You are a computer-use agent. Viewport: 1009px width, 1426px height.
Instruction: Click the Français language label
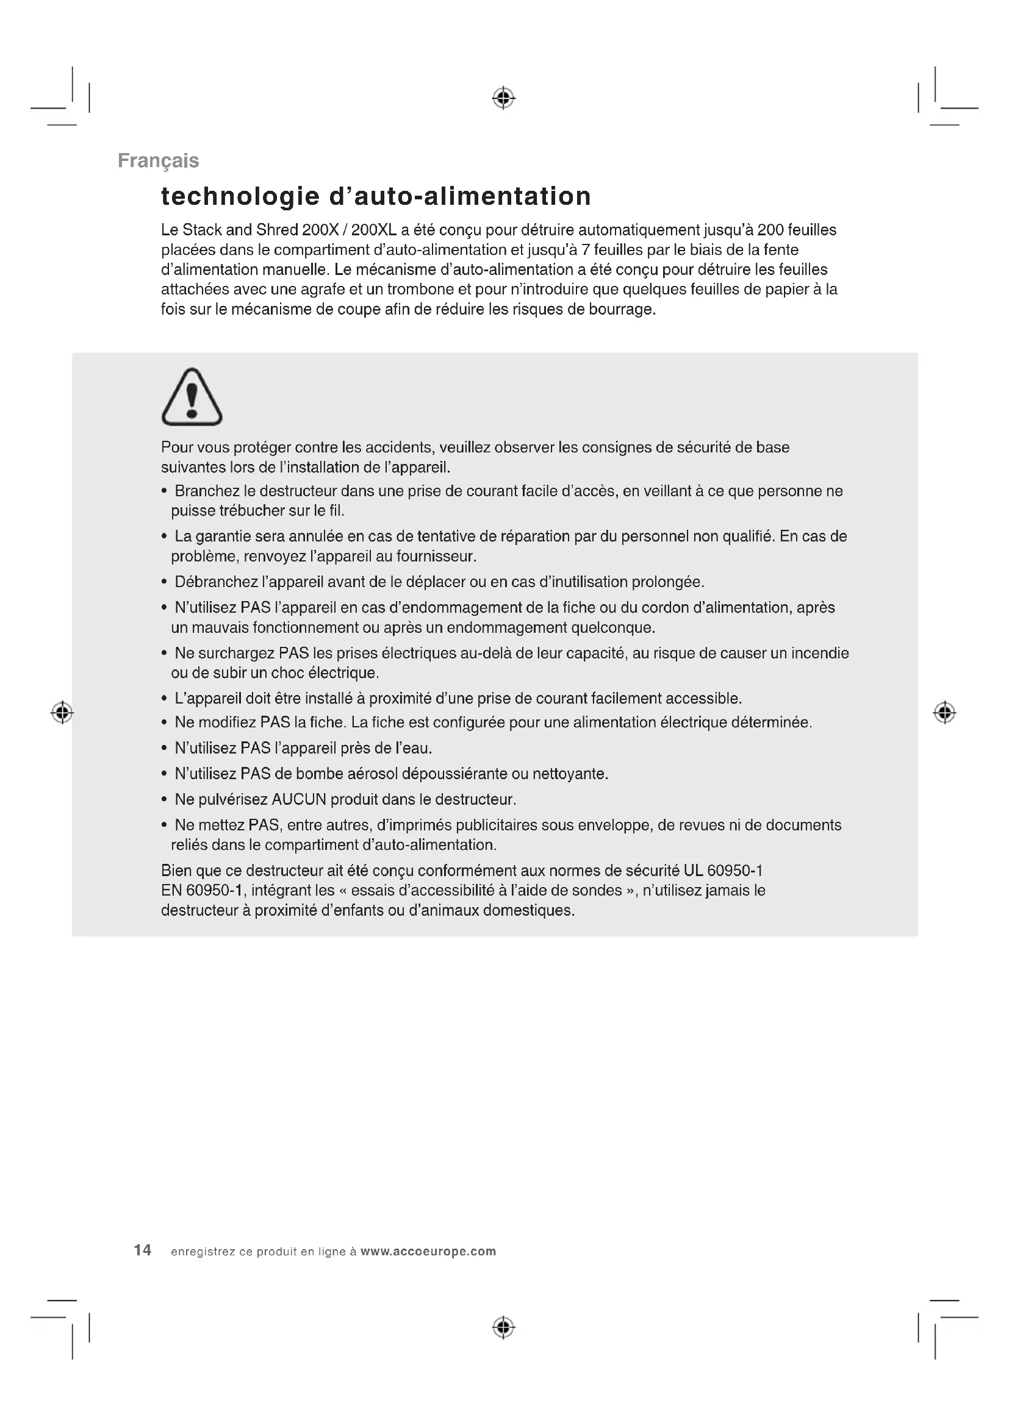(x=158, y=161)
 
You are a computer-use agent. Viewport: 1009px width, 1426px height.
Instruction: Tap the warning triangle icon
(x=192, y=397)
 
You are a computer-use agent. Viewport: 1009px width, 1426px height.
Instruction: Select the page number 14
(x=142, y=1250)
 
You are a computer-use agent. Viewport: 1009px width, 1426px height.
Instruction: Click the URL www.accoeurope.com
(x=428, y=1252)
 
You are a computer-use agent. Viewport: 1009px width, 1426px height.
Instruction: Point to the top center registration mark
(x=503, y=98)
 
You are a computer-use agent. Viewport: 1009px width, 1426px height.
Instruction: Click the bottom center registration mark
(x=503, y=1327)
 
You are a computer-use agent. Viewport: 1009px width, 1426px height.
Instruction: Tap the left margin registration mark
(x=62, y=712)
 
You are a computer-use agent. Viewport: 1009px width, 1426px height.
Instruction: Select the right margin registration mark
(x=944, y=712)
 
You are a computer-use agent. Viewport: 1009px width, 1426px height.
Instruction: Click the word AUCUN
(x=299, y=799)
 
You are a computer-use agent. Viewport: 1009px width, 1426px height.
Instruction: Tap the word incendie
(x=819, y=654)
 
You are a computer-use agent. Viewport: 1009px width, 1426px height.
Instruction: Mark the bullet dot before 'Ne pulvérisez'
(x=164, y=800)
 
